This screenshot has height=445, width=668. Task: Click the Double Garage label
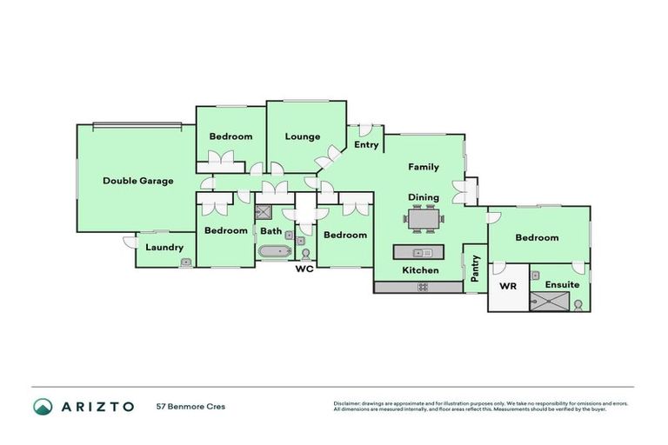[137, 181]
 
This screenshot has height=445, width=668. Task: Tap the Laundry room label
[164, 248]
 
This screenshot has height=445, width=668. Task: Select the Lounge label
[303, 136]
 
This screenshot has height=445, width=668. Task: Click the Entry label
[366, 145]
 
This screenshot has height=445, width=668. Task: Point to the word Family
[424, 167]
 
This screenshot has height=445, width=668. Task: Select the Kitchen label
[420, 270]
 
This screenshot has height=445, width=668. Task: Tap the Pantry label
[476, 268]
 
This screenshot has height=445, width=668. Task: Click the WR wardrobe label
[507, 285]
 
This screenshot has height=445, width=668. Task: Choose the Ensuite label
[562, 284]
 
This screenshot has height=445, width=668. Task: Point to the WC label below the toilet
[304, 269]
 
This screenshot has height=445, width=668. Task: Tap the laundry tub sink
[185, 262]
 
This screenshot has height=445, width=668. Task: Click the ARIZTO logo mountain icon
[43, 406]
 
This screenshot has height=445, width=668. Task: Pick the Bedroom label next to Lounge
[230, 136]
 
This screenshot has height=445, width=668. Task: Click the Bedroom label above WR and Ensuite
[536, 237]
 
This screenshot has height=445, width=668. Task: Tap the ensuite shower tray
[549, 302]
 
